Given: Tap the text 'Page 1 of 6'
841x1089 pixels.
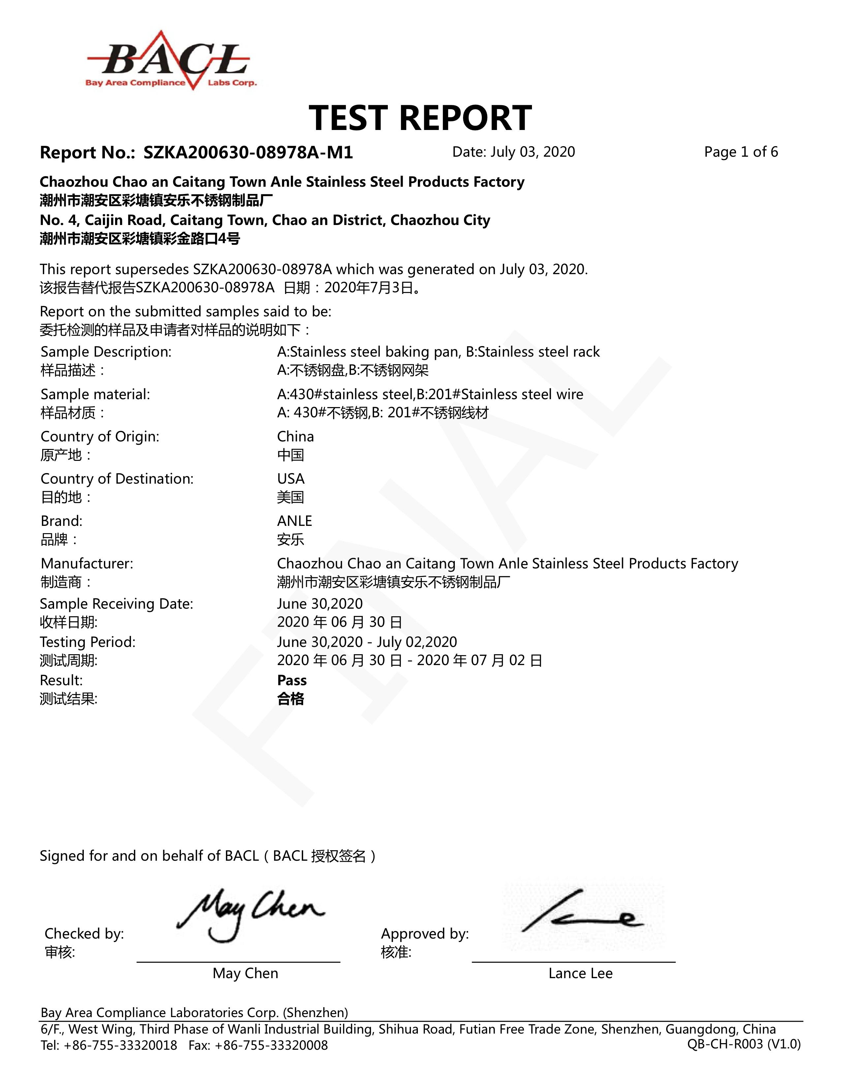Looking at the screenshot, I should pos(740,152).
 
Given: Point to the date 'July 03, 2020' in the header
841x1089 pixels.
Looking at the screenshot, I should pos(532,152).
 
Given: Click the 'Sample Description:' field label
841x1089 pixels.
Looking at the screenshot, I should pos(106,352).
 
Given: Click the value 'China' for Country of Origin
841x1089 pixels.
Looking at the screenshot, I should pos(295,437).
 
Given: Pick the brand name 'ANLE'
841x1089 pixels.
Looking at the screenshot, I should pos(294,521).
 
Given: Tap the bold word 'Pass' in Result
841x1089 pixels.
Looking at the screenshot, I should pos(292,681).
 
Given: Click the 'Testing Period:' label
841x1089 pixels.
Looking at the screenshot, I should pos(88,642).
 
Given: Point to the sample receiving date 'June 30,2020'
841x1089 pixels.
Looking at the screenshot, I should pos(320,604).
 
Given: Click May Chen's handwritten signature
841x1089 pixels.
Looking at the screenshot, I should pos(249,915).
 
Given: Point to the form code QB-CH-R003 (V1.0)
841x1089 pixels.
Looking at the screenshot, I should pos(744,1044).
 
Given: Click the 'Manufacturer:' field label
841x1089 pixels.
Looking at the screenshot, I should pos(87,564).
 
